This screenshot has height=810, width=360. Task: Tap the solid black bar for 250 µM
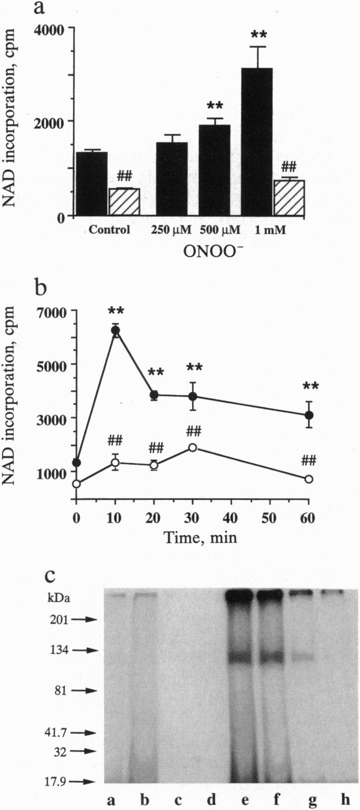point(172,179)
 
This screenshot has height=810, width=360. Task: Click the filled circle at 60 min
point(309,415)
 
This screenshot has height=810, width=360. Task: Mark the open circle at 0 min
point(76,484)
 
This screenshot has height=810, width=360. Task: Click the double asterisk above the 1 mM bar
point(258,35)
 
